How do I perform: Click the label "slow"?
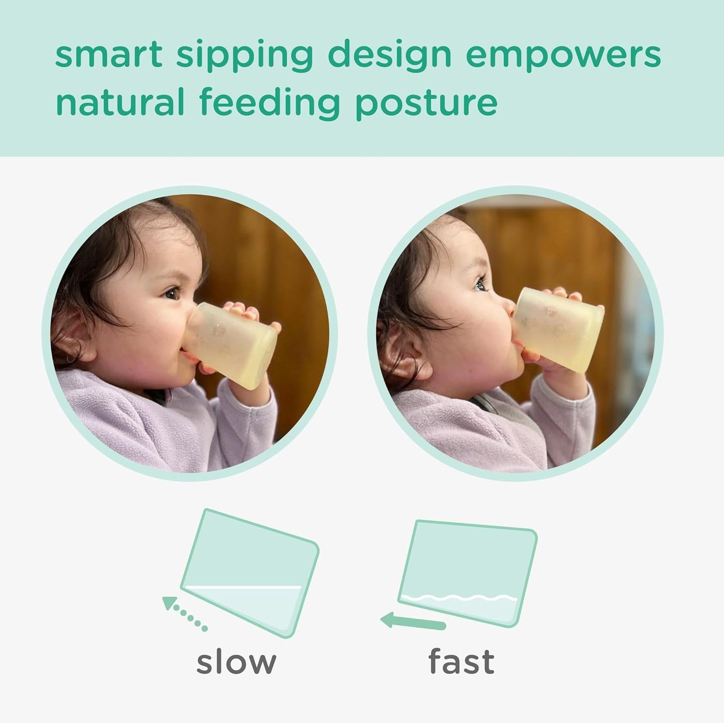click(236, 662)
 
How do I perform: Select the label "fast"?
click(461, 662)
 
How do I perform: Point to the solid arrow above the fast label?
click(413, 622)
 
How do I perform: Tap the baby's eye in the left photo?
click(172, 293)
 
